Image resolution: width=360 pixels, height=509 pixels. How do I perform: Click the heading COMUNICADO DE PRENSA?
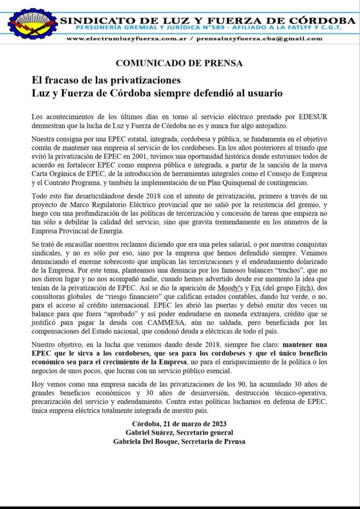pyautogui.click(x=180, y=63)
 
